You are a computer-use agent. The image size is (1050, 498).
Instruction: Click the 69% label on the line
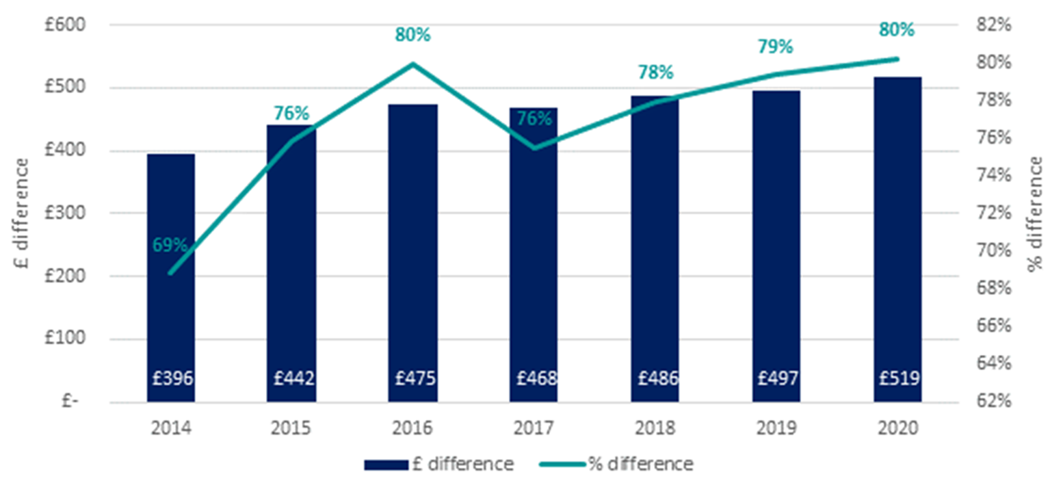[x=170, y=245]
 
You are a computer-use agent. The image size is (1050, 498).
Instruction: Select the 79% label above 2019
[x=775, y=47]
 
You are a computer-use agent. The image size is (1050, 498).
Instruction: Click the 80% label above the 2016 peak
[x=413, y=35]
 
